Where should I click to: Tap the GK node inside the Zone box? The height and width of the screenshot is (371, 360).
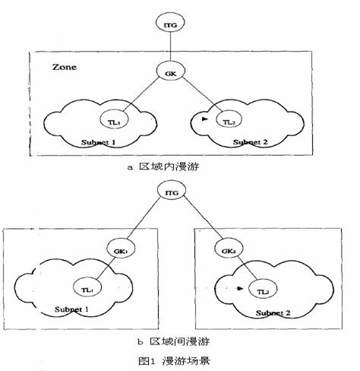pos(170,71)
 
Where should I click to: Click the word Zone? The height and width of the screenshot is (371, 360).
pos(65,67)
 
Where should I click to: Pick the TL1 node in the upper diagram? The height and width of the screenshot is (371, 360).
pos(114,119)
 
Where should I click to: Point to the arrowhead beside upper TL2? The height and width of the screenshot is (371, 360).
pos(205,119)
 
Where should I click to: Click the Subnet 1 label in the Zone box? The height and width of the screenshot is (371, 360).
pos(98,142)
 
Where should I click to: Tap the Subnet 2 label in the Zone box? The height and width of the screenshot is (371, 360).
pos(250,142)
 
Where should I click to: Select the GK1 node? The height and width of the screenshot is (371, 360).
pos(121,249)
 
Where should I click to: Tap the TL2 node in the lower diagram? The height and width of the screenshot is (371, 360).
pos(263,289)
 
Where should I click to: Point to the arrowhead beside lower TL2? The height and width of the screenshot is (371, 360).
pos(240,288)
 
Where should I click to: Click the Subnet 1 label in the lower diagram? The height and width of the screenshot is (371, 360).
pos(71,309)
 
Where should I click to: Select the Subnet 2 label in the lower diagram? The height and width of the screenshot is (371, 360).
pos(273,313)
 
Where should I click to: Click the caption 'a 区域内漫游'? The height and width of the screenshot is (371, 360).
pos(163,166)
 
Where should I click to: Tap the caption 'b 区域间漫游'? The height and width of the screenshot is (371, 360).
pos(173,341)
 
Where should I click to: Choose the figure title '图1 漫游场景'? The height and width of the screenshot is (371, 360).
pos(174,360)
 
